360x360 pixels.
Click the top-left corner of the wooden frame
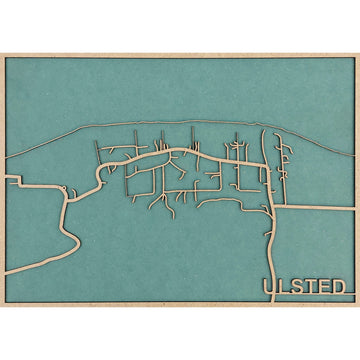(x=3, y=53)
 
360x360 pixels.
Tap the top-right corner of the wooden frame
(x=357, y=53)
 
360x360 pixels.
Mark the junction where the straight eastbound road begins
(x=274, y=207)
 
